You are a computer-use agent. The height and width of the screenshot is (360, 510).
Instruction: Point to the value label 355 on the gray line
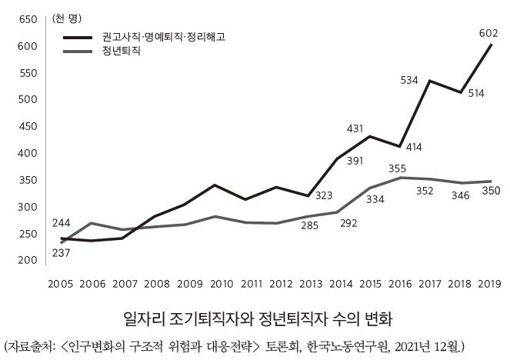pos(398,168)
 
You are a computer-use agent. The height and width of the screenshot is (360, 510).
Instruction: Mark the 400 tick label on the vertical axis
pos(27,153)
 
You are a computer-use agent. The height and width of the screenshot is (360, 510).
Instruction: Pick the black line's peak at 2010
pos(216,185)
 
